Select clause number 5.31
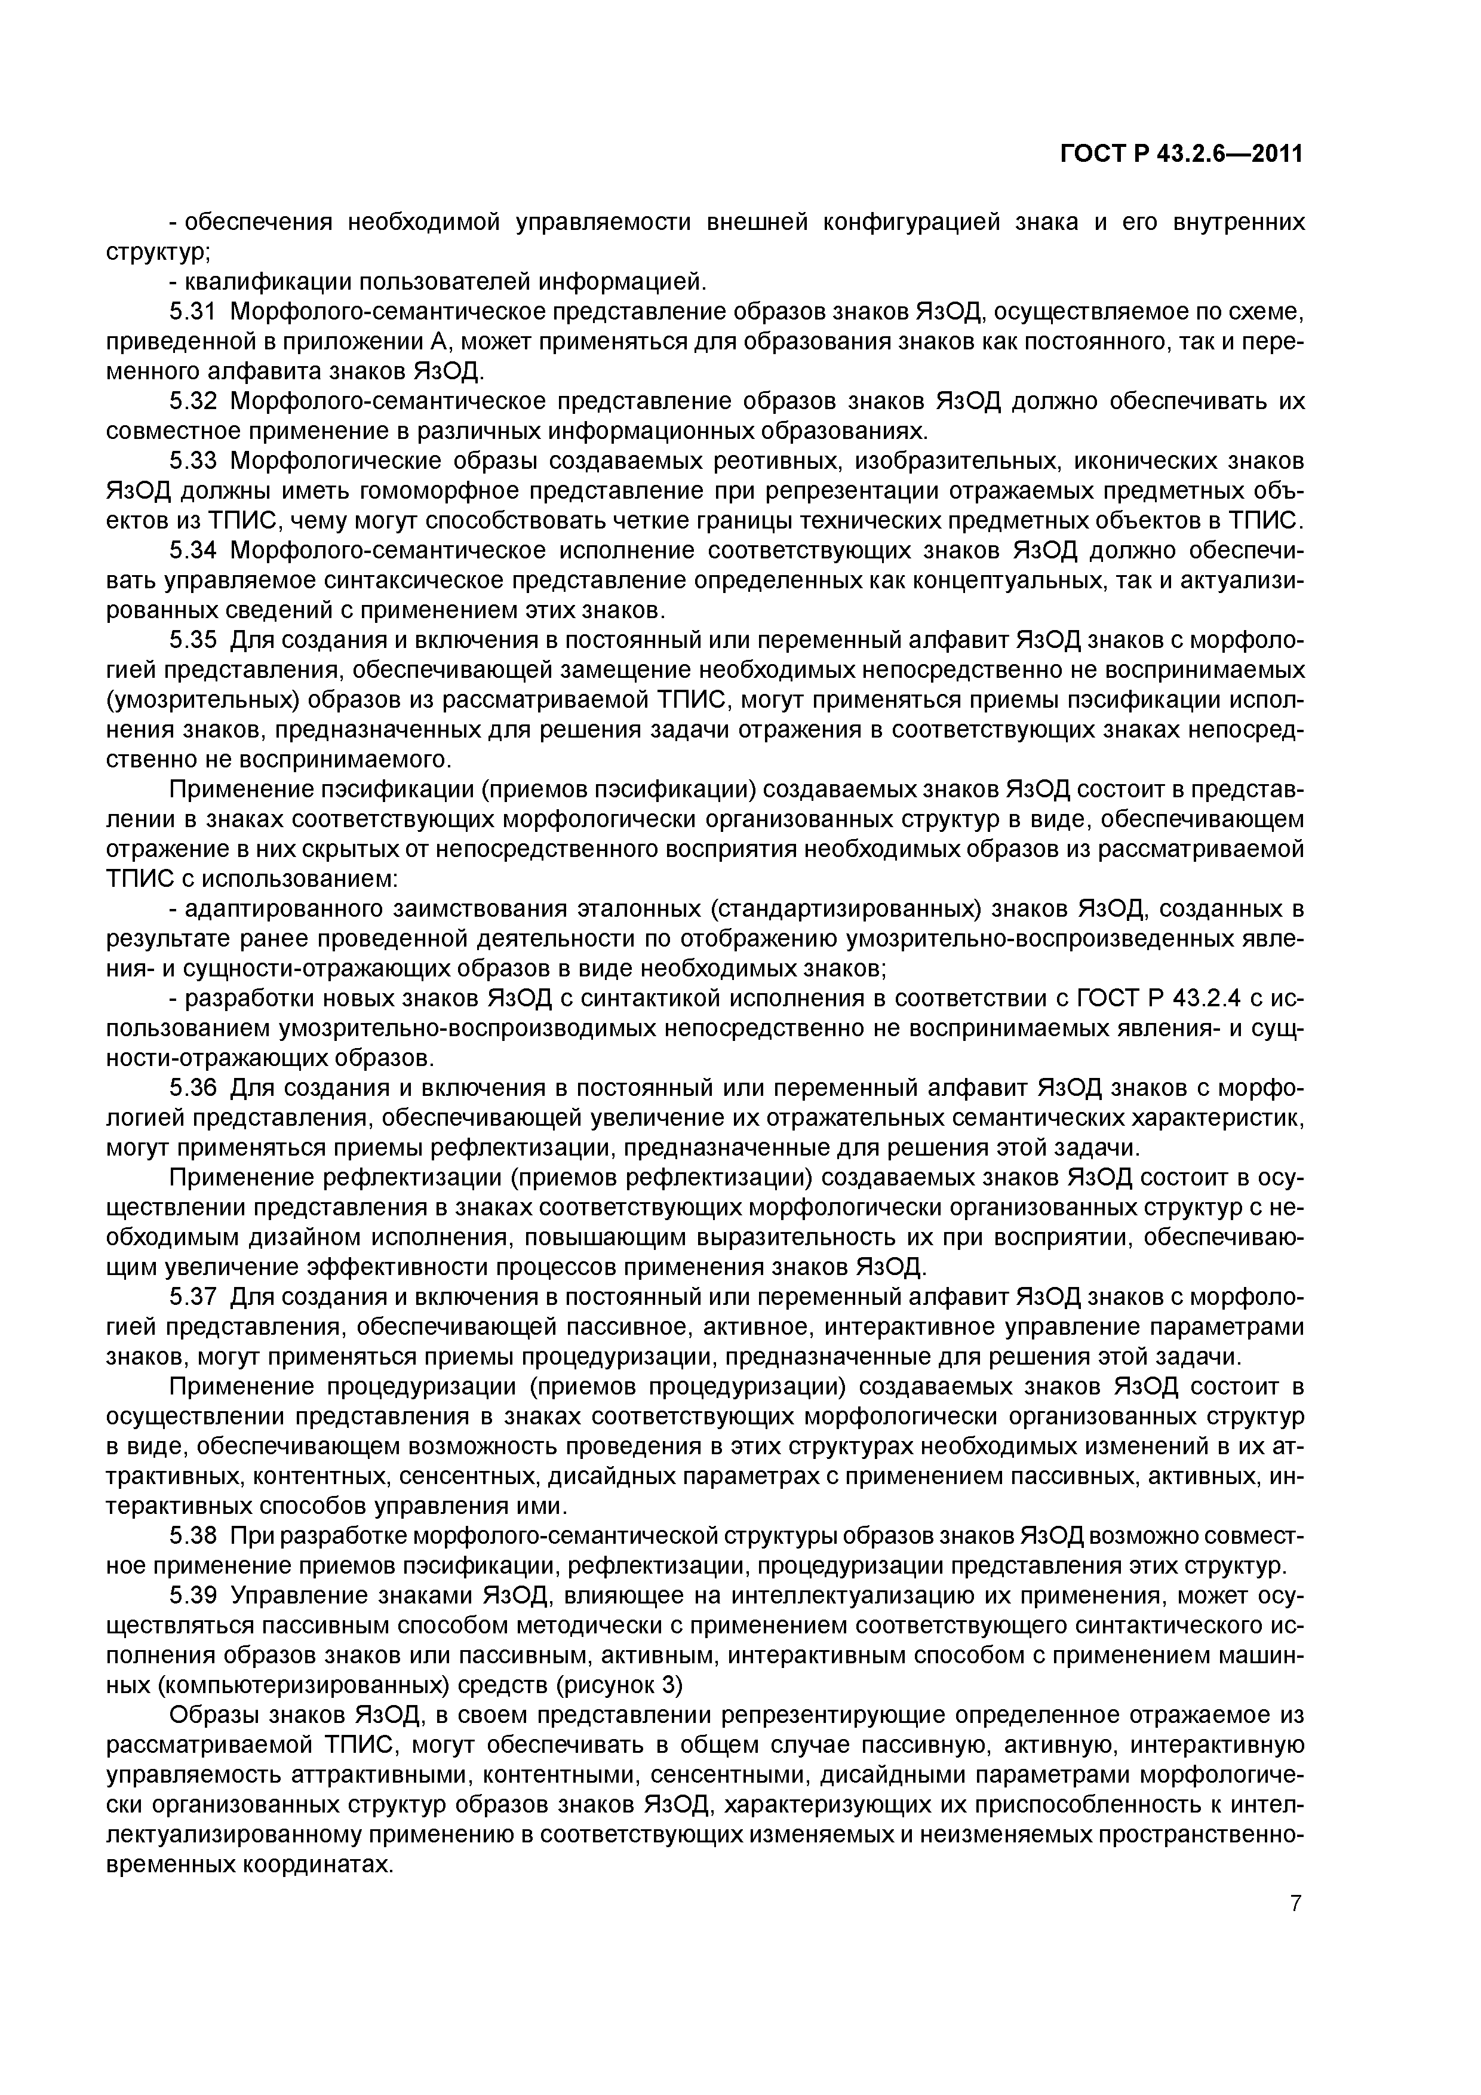click(x=192, y=312)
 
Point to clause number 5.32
click(x=192, y=401)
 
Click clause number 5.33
click(x=192, y=462)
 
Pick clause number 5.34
click(x=192, y=551)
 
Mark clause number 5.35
click(x=192, y=641)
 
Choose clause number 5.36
click(x=192, y=1089)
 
